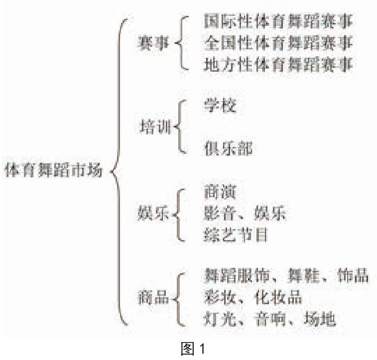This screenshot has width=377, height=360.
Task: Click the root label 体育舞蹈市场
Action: (x=53, y=171)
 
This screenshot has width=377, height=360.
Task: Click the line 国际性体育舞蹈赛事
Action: (x=278, y=22)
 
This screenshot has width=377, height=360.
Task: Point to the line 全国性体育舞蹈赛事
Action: (x=278, y=43)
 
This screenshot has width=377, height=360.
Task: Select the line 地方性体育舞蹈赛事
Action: (x=278, y=65)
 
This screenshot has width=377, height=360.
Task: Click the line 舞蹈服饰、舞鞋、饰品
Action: (x=287, y=275)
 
